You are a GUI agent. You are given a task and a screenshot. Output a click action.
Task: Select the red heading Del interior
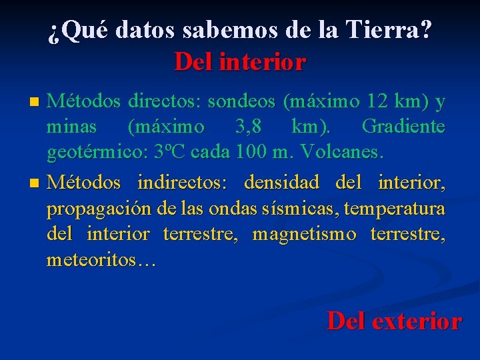240,62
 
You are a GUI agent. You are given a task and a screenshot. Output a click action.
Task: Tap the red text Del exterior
394,321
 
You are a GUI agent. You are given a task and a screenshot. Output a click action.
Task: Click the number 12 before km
377,101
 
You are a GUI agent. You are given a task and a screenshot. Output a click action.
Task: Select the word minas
71,127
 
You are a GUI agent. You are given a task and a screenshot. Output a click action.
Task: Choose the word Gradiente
403,127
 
